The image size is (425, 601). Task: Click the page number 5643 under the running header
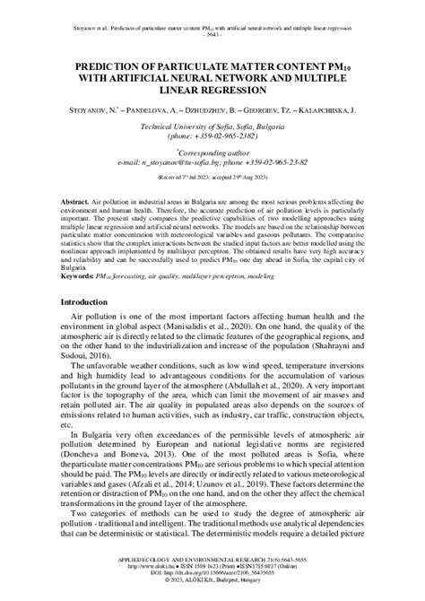(212, 23)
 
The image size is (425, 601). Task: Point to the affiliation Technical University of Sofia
(188, 128)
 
